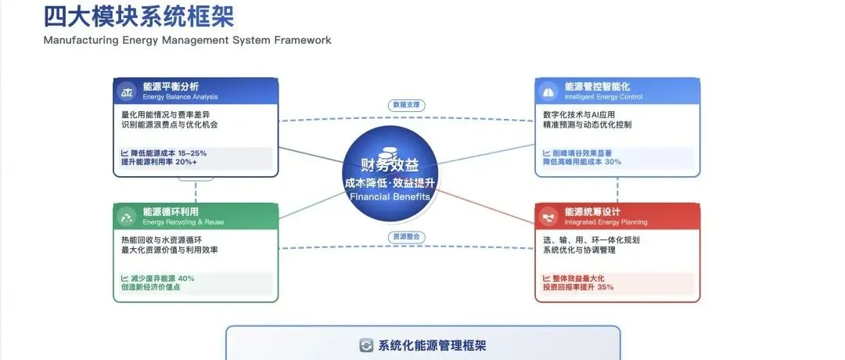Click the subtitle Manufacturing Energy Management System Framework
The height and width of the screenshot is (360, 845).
coord(187,40)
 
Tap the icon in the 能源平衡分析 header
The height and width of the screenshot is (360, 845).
coord(126,92)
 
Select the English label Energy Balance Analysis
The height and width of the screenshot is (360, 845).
coord(180,97)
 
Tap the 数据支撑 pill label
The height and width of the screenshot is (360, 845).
coord(406,104)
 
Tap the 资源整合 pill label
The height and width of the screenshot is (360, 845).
coord(406,236)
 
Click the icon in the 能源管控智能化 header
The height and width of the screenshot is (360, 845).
coord(549,92)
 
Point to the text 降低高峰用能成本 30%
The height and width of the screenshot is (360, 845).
coord(582,162)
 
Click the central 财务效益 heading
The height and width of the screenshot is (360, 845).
coord(390,164)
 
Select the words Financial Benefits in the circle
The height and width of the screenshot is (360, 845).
coord(390,197)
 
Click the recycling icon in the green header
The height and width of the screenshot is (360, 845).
coord(126,216)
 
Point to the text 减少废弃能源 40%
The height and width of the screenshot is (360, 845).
coord(157,279)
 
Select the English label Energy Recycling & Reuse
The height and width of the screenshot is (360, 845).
coord(183,222)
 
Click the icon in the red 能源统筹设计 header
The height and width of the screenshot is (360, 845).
coord(549,216)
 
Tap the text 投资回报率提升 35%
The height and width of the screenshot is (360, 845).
coord(578,287)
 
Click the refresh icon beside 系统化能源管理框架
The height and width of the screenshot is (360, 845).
coord(365,345)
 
